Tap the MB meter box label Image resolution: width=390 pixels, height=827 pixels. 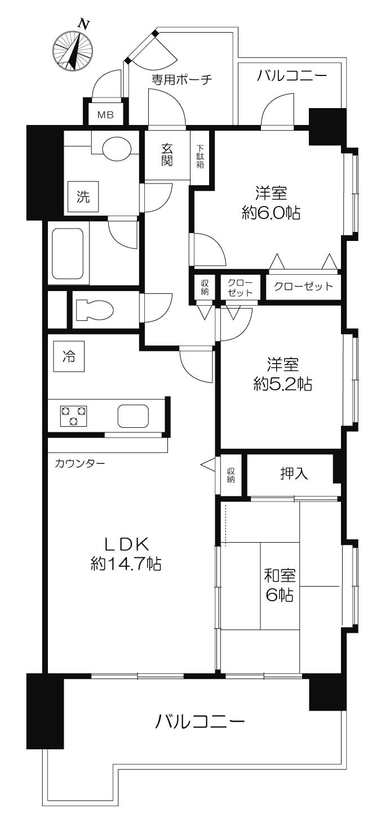[x=105, y=115]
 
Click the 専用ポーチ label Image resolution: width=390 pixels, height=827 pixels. [x=181, y=79]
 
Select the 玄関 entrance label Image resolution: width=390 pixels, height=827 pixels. [x=167, y=155]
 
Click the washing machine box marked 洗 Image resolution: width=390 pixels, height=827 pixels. [x=83, y=197]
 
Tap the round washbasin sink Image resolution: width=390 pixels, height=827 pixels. [x=117, y=146]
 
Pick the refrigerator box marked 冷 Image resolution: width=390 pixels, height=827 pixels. [x=68, y=357]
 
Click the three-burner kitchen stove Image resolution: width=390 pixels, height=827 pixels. [x=73, y=415]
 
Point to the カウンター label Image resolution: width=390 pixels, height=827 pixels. [x=80, y=464]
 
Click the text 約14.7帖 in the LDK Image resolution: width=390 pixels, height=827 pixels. [x=126, y=564]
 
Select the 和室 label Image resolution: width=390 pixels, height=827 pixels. [x=280, y=575]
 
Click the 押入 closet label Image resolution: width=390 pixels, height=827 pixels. [x=294, y=474]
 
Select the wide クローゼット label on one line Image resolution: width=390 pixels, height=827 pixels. [x=303, y=286]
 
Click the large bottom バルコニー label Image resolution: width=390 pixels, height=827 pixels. [x=201, y=722]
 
